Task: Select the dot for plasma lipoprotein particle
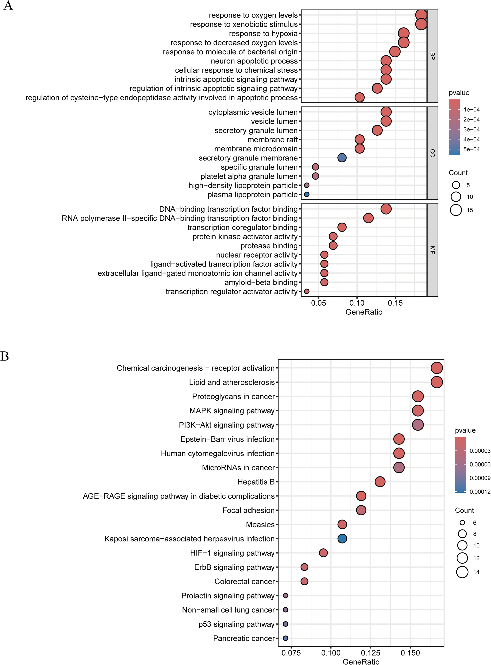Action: click(307, 194)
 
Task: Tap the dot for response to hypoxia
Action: click(403, 33)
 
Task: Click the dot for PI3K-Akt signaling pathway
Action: click(418, 425)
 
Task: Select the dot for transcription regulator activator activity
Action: click(307, 291)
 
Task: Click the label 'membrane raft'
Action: click(273, 140)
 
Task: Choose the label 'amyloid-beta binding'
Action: click(261, 282)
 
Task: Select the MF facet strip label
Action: click(432, 250)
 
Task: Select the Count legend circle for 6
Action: click(462, 523)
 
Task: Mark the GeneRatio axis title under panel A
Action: click(364, 312)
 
